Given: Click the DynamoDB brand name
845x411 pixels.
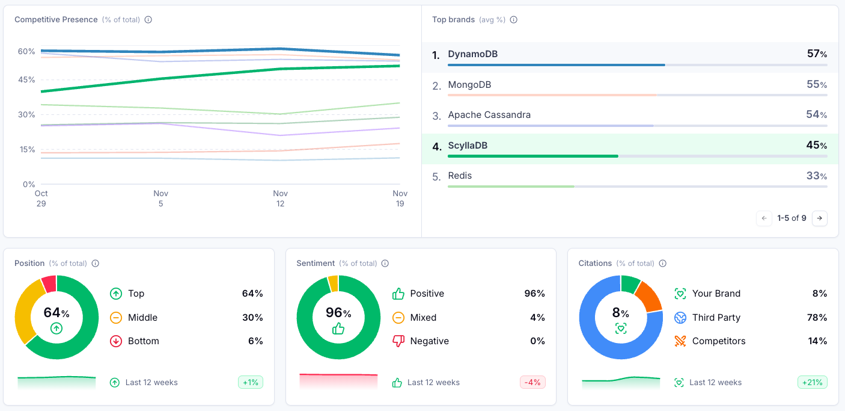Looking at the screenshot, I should [x=472, y=54].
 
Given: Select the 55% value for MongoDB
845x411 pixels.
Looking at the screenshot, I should [x=817, y=85].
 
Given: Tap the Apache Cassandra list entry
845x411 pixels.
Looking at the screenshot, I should [x=489, y=115].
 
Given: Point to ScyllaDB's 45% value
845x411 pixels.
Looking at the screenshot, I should [x=817, y=145].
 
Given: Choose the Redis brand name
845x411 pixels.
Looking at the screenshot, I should [x=460, y=176].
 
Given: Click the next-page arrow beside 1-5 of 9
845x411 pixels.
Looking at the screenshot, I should [x=819, y=218].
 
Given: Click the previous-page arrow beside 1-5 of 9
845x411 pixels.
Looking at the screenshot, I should [x=764, y=218].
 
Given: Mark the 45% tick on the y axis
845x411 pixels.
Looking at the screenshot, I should [x=26, y=79].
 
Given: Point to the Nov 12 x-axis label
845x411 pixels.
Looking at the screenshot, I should [x=280, y=199].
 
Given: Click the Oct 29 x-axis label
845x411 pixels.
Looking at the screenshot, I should [x=41, y=199].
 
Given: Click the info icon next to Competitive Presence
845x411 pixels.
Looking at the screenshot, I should [x=148, y=20].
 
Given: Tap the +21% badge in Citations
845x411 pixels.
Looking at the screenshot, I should [x=812, y=382].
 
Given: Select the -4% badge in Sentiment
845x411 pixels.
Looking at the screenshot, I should [x=532, y=382].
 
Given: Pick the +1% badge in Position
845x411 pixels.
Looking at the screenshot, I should [x=251, y=382].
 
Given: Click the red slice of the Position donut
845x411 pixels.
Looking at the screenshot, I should [x=49, y=283].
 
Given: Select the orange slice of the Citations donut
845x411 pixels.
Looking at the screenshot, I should [x=649, y=295].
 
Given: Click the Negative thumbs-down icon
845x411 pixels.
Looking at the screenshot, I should [x=398, y=341].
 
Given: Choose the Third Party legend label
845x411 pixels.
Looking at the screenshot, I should [x=716, y=318].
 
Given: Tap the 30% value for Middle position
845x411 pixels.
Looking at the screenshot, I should [x=252, y=318].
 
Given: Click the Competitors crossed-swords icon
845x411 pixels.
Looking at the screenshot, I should [x=680, y=341].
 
